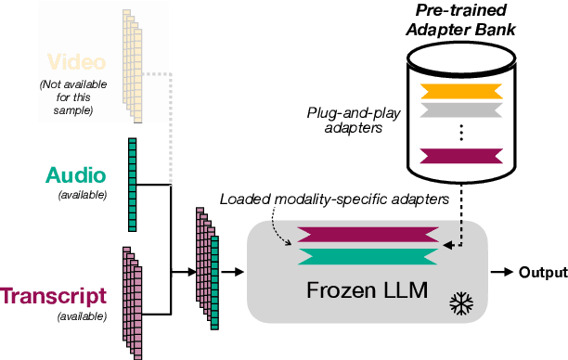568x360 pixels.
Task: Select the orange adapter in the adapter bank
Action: (x=462, y=91)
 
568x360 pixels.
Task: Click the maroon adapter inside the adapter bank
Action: (x=462, y=154)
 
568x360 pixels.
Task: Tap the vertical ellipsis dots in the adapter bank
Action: (x=462, y=131)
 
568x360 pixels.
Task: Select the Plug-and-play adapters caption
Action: (x=346, y=121)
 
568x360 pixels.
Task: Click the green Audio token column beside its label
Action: (x=133, y=184)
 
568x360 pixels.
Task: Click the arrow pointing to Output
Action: (x=503, y=272)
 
